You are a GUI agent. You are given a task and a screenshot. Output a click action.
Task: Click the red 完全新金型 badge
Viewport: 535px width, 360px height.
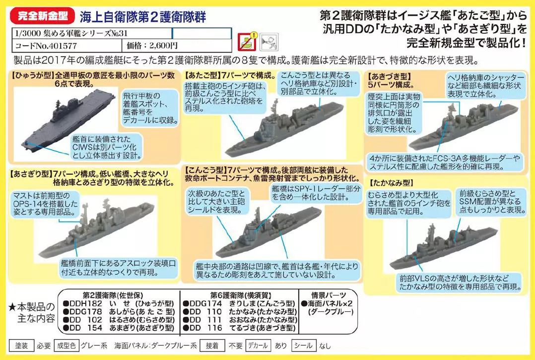click(x=42, y=16)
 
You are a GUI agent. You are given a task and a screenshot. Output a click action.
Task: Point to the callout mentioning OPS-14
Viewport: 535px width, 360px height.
click(x=45, y=204)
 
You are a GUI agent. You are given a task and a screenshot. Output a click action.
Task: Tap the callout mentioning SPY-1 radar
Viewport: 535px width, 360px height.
click(x=316, y=193)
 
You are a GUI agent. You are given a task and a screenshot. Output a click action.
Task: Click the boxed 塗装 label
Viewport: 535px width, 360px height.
click(x=21, y=346)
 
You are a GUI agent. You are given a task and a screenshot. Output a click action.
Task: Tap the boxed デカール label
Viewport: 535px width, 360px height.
click(x=258, y=346)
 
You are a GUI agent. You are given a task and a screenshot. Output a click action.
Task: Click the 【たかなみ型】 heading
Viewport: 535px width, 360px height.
click(x=390, y=183)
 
